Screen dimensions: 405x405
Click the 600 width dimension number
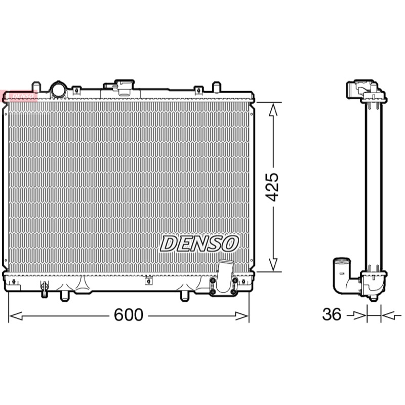[x=129, y=314]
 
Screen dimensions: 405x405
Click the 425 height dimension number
[x=272, y=187]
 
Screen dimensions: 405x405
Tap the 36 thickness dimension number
[x=332, y=314]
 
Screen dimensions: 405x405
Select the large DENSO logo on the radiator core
[x=199, y=244]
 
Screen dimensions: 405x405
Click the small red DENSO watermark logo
[x=19, y=96]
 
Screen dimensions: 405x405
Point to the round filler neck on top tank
[x=58, y=90]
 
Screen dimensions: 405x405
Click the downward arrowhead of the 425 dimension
[x=273, y=264]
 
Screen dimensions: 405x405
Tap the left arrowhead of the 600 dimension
[x=16, y=315]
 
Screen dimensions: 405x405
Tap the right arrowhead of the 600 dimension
[x=242, y=315]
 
